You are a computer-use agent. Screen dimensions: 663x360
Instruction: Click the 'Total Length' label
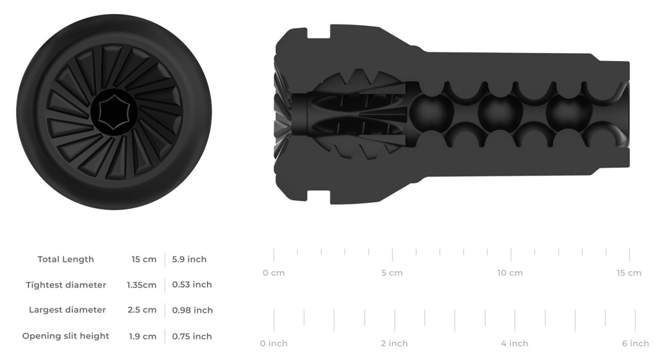click(x=66, y=259)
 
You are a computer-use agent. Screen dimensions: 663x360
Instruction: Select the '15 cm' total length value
click(x=144, y=259)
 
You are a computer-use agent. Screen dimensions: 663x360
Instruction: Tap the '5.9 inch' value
click(x=189, y=259)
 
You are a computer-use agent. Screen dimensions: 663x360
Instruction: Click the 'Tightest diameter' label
click(x=66, y=285)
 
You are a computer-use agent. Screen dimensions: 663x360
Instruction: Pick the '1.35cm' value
click(x=142, y=285)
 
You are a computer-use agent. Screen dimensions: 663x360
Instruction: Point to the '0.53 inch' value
click(x=192, y=284)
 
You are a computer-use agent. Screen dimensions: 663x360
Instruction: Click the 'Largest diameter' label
click(x=67, y=310)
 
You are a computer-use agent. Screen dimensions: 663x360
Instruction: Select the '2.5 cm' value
click(x=142, y=310)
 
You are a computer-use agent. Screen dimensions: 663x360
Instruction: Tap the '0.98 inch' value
click(x=192, y=310)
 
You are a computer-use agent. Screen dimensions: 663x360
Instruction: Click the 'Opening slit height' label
click(x=66, y=336)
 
